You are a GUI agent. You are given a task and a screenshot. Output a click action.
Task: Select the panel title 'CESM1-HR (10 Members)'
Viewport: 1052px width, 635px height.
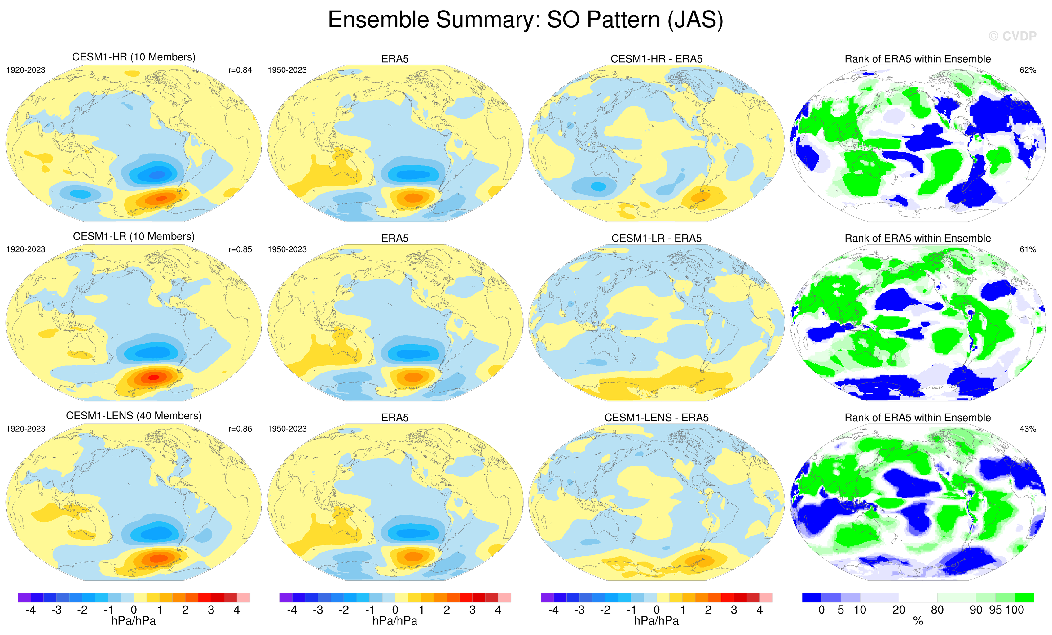coord(134,57)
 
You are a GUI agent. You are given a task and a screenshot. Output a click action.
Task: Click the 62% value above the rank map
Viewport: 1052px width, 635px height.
coord(1028,70)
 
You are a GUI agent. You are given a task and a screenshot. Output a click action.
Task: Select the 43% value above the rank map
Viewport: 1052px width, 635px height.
coord(1028,429)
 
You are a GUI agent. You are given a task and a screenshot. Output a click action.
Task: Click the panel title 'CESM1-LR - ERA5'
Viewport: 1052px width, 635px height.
coord(656,239)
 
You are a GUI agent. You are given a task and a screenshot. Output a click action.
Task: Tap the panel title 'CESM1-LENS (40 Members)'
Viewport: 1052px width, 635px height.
coord(134,416)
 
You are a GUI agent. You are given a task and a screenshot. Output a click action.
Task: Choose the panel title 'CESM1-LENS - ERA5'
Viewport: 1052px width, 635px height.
coord(656,418)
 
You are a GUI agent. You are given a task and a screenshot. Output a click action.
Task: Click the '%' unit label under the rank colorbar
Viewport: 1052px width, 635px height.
coord(918,621)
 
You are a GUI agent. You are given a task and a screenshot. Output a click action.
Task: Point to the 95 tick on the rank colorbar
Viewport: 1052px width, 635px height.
coord(995,610)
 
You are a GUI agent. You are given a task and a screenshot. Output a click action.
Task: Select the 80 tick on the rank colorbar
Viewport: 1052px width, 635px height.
coord(937,610)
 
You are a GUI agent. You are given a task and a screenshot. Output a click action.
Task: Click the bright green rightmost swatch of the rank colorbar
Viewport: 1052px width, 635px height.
coord(1024,597)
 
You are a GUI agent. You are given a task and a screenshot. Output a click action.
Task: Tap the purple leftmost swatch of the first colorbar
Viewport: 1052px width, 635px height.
coord(24,597)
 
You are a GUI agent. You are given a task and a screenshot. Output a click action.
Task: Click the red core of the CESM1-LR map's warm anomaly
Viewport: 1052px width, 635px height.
coord(153,377)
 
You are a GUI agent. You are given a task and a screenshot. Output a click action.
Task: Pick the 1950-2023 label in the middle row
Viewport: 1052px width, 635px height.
coord(287,249)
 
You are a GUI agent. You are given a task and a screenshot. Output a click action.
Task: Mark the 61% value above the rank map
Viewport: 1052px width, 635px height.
coord(1028,249)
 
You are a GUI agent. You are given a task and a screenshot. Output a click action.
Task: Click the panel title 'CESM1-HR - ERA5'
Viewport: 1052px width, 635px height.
coord(656,59)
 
